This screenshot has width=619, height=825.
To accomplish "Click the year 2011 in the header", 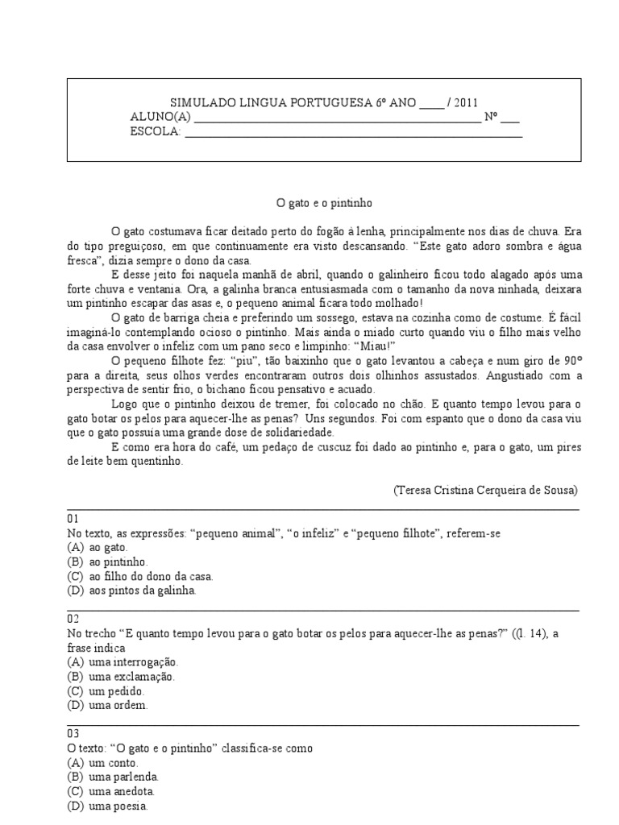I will [463, 103].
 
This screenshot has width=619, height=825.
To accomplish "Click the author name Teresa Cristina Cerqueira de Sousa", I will [486, 490].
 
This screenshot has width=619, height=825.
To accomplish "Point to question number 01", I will [73, 519].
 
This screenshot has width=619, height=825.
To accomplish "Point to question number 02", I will [73, 620].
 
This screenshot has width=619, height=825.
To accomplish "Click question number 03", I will [73, 734].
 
